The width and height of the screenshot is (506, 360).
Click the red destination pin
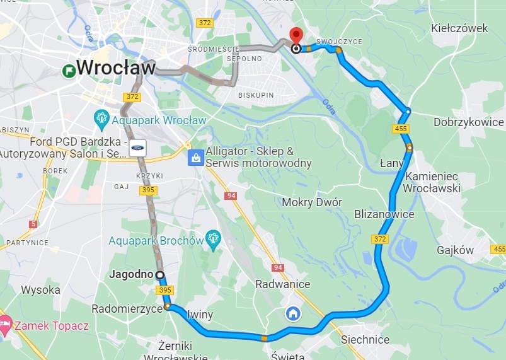click(x=296, y=37)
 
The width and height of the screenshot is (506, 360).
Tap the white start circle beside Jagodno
click(x=159, y=275)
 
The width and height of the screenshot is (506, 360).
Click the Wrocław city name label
click(x=115, y=67)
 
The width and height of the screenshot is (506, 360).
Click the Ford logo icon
click(x=139, y=147)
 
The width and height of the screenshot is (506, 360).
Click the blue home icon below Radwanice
click(x=292, y=313)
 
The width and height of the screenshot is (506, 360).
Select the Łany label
click(x=392, y=163)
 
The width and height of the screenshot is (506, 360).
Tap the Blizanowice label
click(x=384, y=214)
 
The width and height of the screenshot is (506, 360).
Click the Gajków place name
click(x=454, y=250)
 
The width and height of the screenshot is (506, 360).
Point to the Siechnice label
click(x=365, y=340)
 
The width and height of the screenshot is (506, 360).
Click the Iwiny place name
click(x=200, y=314)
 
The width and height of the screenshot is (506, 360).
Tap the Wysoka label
click(x=40, y=290)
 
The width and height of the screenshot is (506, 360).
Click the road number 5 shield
click(x=33, y=224)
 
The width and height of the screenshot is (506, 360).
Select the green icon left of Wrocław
click(x=68, y=71)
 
